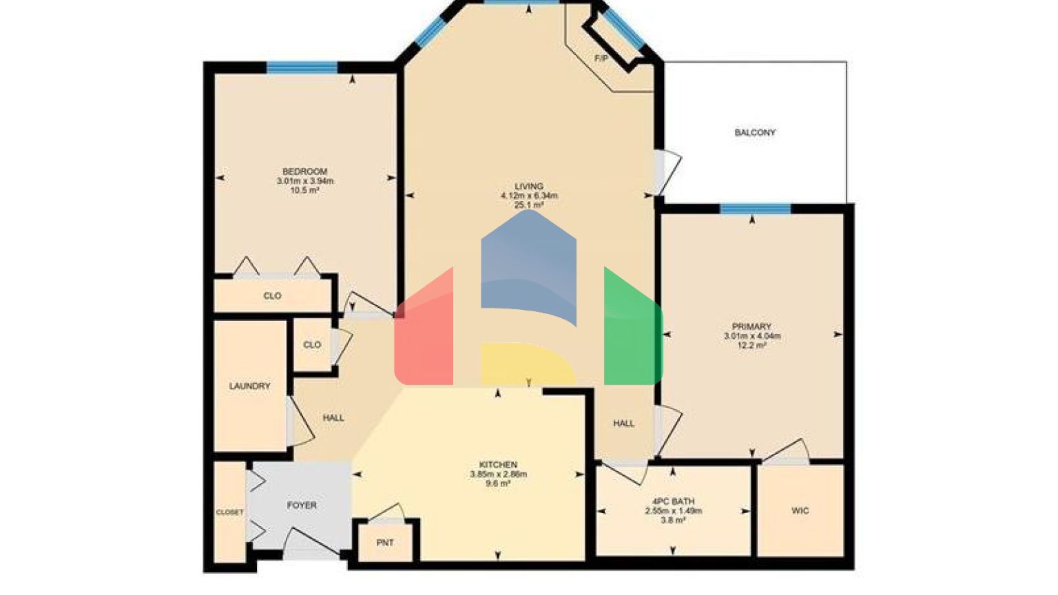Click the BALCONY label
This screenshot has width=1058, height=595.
(x=755, y=132)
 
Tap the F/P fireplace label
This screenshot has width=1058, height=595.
(x=601, y=59)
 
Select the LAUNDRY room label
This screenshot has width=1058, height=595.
(x=249, y=386)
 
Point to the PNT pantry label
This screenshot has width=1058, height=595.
(x=385, y=543)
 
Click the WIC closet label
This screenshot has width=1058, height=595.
(x=800, y=511)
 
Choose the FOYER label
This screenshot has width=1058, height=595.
(x=302, y=505)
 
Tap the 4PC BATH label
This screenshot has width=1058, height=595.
(x=673, y=501)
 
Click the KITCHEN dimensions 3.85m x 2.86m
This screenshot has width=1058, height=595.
(x=498, y=474)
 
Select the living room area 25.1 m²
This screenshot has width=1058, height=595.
(x=529, y=205)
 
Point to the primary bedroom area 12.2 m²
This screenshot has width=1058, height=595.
(x=751, y=346)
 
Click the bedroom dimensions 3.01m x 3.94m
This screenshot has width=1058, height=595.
(x=304, y=181)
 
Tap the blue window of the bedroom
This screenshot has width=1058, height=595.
(x=302, y=67)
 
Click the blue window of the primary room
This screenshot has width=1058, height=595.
(x=755, y=209)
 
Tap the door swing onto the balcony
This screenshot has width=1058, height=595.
(x=667, y=172)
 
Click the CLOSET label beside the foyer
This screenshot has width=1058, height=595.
(x=229, y=512)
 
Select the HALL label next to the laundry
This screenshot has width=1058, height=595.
(x=333, y=418)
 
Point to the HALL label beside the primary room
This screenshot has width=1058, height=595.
(x=623, y=424)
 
